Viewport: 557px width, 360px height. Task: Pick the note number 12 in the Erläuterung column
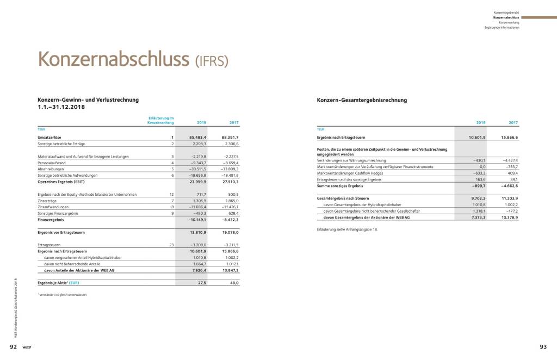[x=171, y=194]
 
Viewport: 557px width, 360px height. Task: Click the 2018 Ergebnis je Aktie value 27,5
[x=202, y=283]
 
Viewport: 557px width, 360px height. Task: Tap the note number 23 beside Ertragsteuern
[x=171, y=245]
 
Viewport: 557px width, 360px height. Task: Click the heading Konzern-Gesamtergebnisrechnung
[x=362, y=100]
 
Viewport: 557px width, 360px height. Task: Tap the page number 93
[x=542, y=346]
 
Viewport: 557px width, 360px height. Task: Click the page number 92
[x=13, y=346]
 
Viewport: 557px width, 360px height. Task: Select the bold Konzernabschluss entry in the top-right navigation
[x=506, y=17]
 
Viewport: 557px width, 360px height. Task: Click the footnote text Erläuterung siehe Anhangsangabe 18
[x=346, y=229]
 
